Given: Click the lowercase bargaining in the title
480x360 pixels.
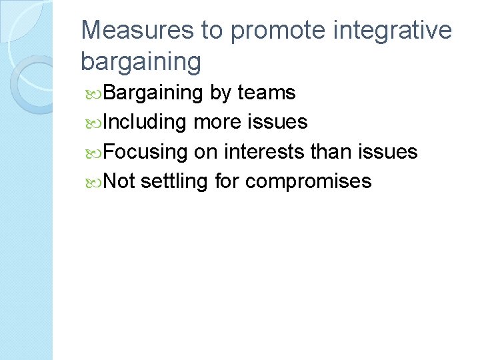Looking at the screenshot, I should pyautogui.click(x=140, y=61).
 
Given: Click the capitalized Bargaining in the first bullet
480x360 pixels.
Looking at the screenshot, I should pyautogui.click(x=153, y=93).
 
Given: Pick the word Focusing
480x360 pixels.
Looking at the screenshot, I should pyautogui.click(x=146, y=152).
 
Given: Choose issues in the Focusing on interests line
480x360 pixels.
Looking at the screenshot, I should pyautogui.click(x=389, y=152).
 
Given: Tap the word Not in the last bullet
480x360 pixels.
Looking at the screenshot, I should pyautogui.click(x=120, y=181).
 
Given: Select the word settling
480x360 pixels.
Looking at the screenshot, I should pyautogui.click(x=175, y=181).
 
